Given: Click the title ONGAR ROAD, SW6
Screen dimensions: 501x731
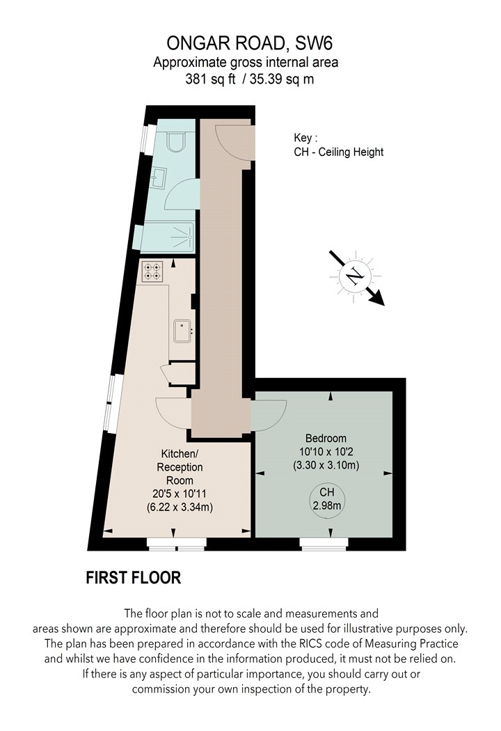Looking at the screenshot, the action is [x=249, y=43].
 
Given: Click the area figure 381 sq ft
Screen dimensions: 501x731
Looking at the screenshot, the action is [x=211, y=79].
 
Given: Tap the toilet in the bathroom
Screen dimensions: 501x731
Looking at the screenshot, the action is [x=177, y=141].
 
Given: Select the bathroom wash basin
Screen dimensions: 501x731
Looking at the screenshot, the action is [x=157, y=178].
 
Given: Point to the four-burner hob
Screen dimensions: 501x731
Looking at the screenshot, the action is [x=152, y=272].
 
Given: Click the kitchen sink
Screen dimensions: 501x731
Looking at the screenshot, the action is [x=183, y=331].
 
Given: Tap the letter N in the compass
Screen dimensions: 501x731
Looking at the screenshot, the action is [x=355, y=276].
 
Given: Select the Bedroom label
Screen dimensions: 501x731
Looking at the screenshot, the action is [x=326, y=438].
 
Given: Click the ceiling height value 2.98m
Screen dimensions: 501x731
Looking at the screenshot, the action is [x=327, y=505].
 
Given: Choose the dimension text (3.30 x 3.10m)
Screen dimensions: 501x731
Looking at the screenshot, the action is [x=326, y=465].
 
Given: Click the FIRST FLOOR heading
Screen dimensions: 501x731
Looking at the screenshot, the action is [x=134, y=578].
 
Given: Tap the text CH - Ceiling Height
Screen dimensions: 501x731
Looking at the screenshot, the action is [x=339, y=152].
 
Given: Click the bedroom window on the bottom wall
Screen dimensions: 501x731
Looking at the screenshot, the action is [x=324, y=544].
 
